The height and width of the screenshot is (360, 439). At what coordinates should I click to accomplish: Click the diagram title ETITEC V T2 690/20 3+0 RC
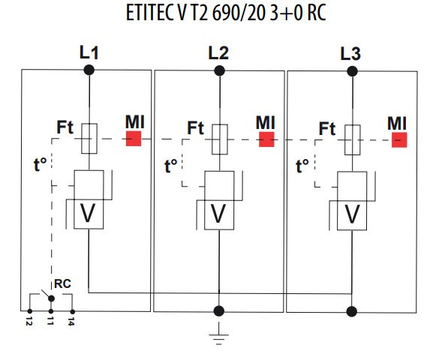[x=220, y=16]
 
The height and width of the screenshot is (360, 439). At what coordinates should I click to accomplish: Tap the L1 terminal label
[x=89, y=52]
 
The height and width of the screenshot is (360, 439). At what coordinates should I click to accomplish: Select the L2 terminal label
[x=218, y=52]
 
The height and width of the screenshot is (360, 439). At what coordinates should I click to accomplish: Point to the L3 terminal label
[x=350, y=52]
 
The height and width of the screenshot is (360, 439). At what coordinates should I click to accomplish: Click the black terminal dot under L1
[x=89, y=70]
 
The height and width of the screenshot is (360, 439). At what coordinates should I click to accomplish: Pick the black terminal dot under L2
[x=219, y=70]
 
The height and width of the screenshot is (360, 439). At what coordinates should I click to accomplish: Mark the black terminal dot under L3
[x=350, y=70]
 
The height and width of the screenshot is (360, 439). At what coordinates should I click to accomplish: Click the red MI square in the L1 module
[x=134, y=138]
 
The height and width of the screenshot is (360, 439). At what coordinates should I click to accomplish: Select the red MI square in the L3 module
[x=398, y=139]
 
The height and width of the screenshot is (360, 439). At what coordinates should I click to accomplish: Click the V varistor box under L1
[x=89, y=214]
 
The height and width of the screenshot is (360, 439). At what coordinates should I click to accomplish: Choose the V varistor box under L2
[x=219, y=214]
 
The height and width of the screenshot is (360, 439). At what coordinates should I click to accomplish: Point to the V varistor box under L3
[x=350, y=214]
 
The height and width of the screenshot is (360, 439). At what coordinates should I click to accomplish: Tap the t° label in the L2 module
[x=171, y=163]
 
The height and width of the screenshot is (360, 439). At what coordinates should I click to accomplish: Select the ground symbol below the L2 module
[x=219, y=334]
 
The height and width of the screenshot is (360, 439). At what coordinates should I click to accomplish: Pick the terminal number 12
[x=29, y=322]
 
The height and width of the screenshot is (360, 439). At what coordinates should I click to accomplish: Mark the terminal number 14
[x=72, y=322]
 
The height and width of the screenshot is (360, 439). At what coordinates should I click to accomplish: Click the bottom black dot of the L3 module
[x=350, y=310]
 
